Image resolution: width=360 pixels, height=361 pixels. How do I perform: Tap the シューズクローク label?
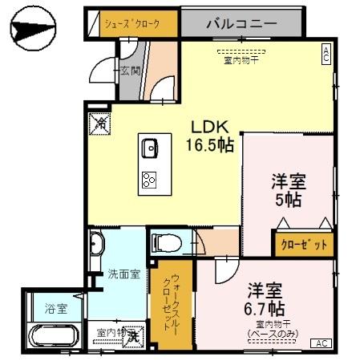click(131, 23)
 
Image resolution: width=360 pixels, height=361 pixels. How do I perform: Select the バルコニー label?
click(239, 23)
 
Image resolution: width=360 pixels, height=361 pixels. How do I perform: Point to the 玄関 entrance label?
click(131, 71)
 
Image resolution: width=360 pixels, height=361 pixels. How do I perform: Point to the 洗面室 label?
click(124, 274)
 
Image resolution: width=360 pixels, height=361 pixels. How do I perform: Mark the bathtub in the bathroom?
click(55, 337)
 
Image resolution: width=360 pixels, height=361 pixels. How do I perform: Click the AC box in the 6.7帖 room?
click(322, 343)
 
